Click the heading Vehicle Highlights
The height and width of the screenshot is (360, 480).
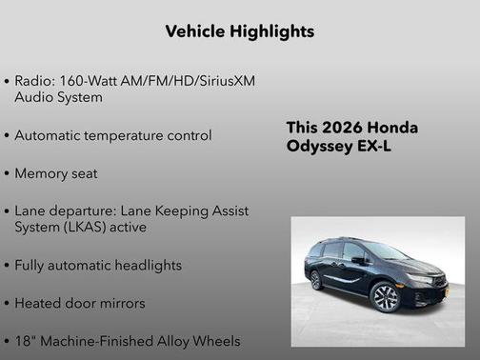(240, 31)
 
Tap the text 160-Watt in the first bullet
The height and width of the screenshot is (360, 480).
(95, 82)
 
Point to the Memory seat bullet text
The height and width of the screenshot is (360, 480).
(56, 174)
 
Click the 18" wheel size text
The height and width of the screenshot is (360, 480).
(26, 340)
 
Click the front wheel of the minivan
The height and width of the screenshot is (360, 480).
(385, 298)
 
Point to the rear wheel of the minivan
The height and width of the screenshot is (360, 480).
(316, 280)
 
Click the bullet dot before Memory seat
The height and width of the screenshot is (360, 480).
(8, 175)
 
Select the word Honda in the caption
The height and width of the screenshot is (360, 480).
(394, 128)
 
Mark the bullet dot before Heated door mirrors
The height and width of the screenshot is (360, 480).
(8, 304)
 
